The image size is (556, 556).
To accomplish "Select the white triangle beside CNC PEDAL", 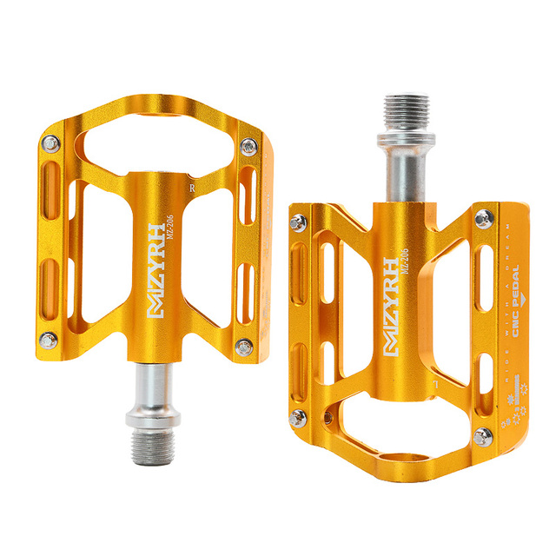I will tap(515, 351).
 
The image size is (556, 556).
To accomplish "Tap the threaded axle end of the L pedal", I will tap(398, 112).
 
